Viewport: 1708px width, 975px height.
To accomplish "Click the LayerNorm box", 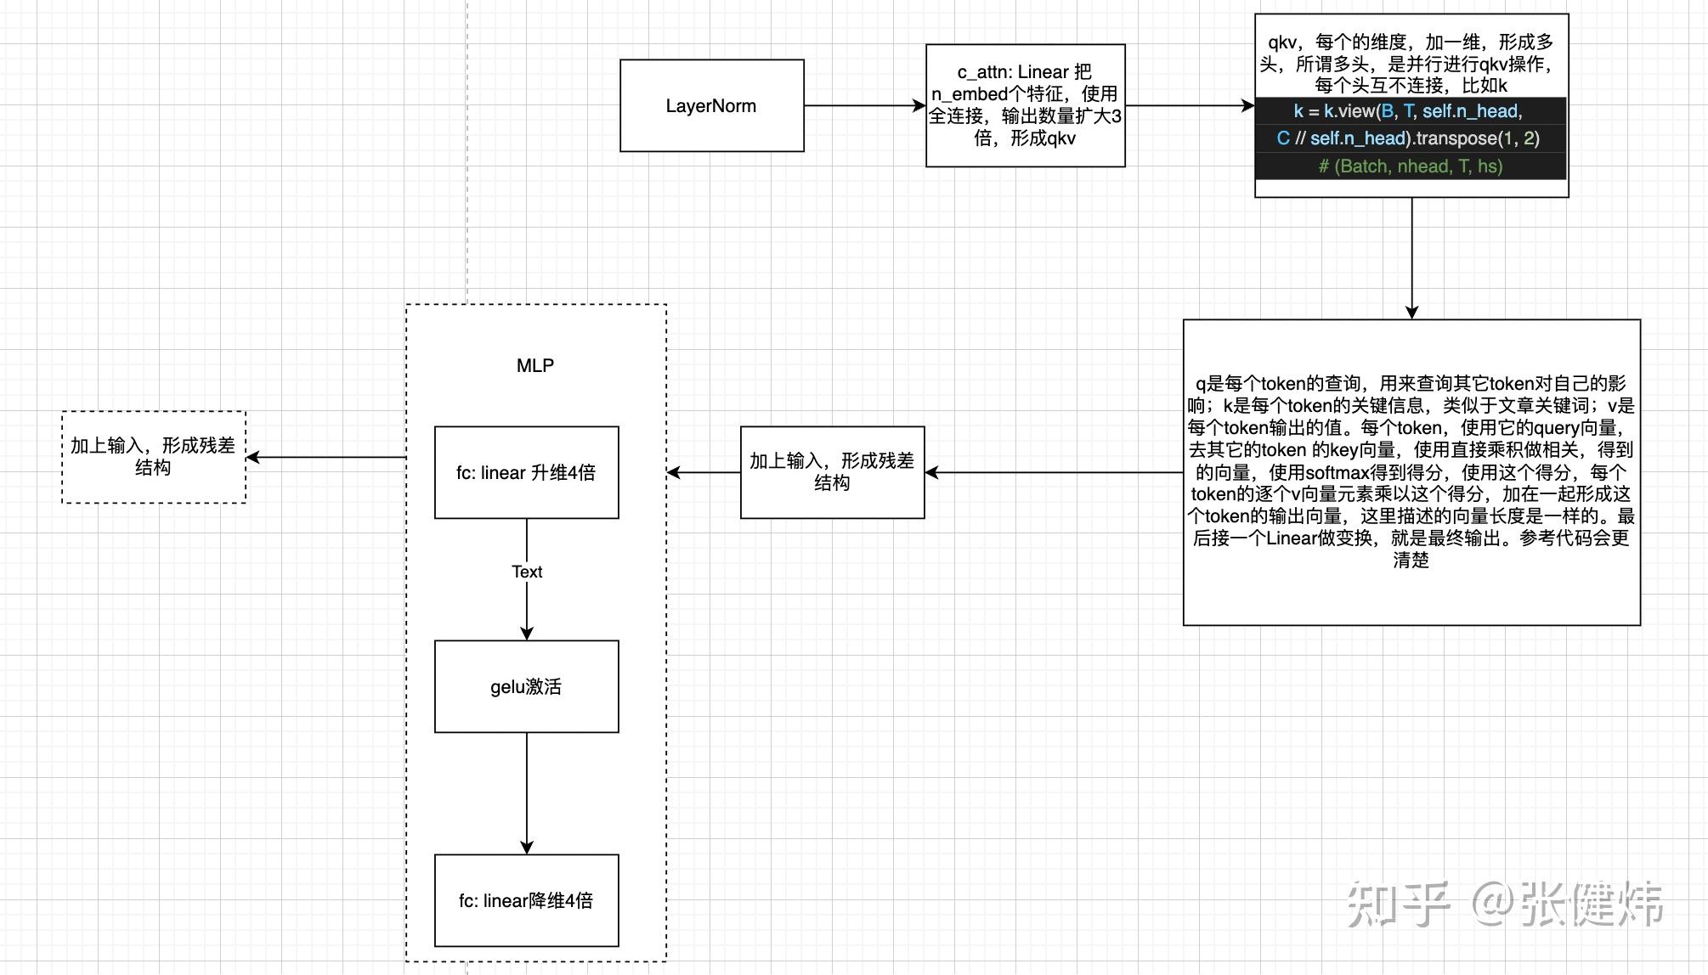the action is click(712, 105).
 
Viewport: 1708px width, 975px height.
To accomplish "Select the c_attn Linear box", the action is click(1026, 105).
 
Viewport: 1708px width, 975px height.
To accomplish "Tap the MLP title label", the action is click(535, 365).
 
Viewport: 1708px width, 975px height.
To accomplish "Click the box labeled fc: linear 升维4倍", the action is click(527, 472).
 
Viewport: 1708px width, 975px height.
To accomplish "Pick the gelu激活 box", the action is click(527, 686).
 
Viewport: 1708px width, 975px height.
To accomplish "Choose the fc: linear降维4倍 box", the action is click(527, 900).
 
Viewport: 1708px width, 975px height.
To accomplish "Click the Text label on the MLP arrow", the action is click(527, 572).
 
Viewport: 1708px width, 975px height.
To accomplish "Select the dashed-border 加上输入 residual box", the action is click(154, 457).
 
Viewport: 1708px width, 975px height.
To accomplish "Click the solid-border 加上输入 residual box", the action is click(833, 472).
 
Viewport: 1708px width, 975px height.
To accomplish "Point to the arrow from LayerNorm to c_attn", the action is click(865, 105).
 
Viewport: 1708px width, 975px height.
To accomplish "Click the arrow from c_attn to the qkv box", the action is click(1191, 105).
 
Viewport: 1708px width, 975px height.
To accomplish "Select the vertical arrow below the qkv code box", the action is click(1411, 258).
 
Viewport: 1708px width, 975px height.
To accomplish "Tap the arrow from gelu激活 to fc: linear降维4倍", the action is click(527, 793).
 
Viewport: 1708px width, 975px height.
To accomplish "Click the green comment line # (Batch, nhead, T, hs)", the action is click(1411, 166).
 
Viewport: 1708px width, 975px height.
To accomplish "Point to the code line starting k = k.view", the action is click(1408, 110).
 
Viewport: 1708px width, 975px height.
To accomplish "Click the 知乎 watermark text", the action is click(1399, 904).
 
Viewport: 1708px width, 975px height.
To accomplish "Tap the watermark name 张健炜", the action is click(1592, 904).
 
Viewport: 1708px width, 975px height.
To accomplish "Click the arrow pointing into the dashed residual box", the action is click(326, 457).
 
